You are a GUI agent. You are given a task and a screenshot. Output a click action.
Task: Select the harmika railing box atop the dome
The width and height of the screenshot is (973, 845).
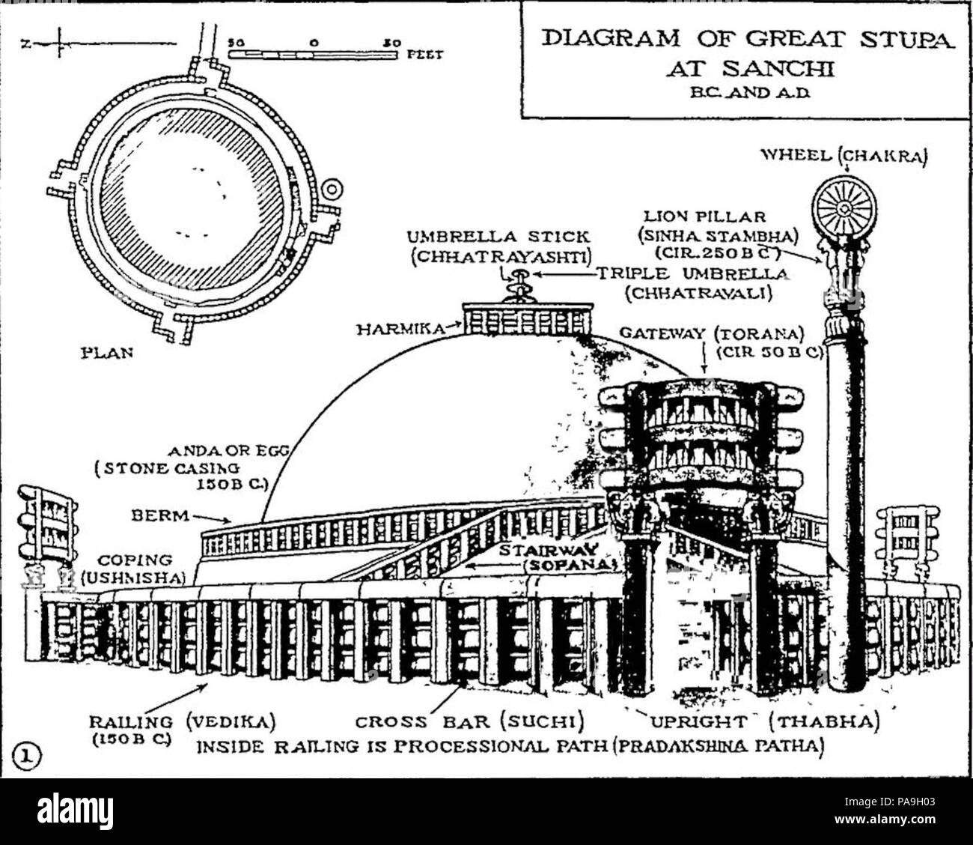pyautogui.click(x=525, y=319)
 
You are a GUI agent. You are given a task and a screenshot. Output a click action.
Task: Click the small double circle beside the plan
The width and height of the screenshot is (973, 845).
pyautogui.click(x=332, y=188)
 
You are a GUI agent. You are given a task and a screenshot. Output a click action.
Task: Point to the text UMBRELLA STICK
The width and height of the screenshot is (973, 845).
pyautogui.click(x=498, y=237)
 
